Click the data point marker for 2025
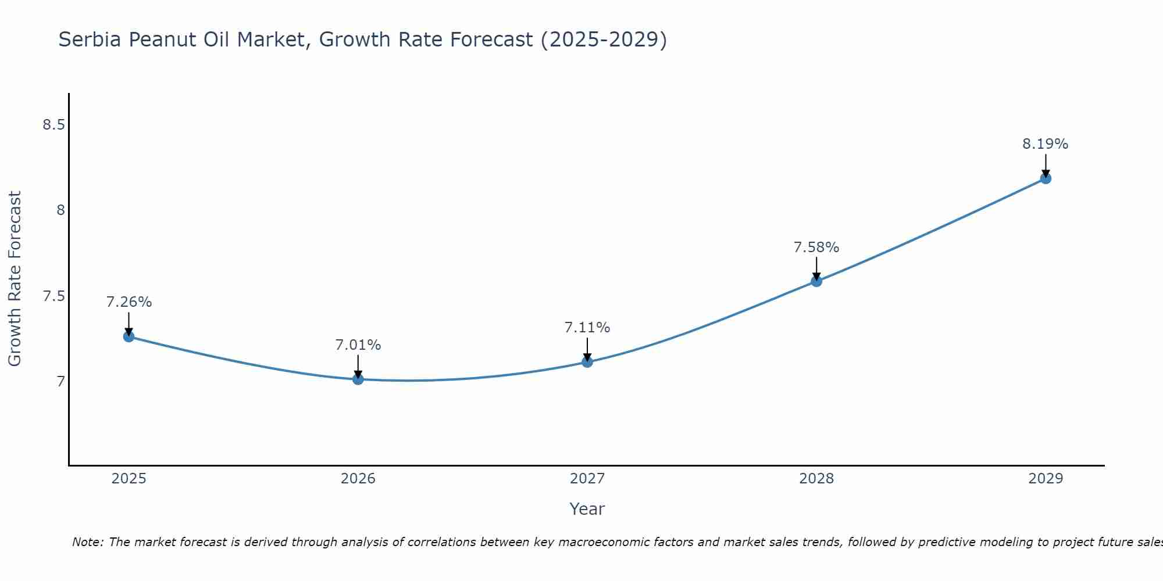(x=129, y=336)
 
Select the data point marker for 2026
(x=358, y=379)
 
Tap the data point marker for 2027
(x=587, y=362)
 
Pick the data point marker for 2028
(x=816, y=281)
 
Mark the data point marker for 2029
(x=1046, y=178)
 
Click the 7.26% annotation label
(x=129, y=302)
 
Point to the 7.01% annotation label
(x=358, y=345)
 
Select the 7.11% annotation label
(x=587, y=328)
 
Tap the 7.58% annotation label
(x=816, y=248)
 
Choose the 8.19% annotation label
(x=1046, y=144)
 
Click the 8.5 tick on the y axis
(x=53, y=125)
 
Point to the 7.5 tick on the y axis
(x=53, y=296)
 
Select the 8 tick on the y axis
(x=60, y=210)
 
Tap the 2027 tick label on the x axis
(x=587, y=479)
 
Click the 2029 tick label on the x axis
(x=1046, y=479)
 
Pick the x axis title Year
(x=587, y=509)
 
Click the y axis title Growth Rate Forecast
(x=15, y=279)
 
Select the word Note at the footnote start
(x=87, y=542)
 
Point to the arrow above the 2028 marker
(x=816, y=268)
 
